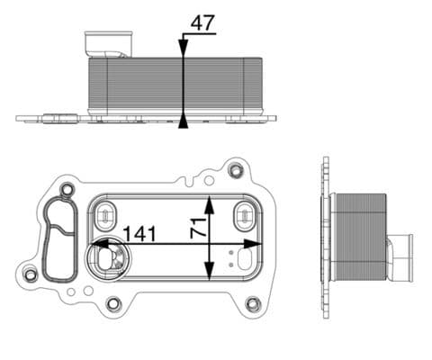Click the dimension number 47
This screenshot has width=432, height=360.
tap(203, 23)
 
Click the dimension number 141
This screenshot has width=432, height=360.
tap(139, 233)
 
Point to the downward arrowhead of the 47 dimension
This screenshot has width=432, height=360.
tap(184, 51)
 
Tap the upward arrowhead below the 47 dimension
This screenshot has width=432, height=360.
tap(184, 120)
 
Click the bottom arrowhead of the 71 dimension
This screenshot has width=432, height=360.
tap(209, 274)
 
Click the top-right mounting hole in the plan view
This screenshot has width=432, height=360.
tap(236, 170)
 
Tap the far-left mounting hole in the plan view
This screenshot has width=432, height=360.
tap(31, 274)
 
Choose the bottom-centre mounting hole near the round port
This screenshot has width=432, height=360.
tap(113, 303)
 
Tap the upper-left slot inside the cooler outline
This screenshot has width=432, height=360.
tap(104, 214)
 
